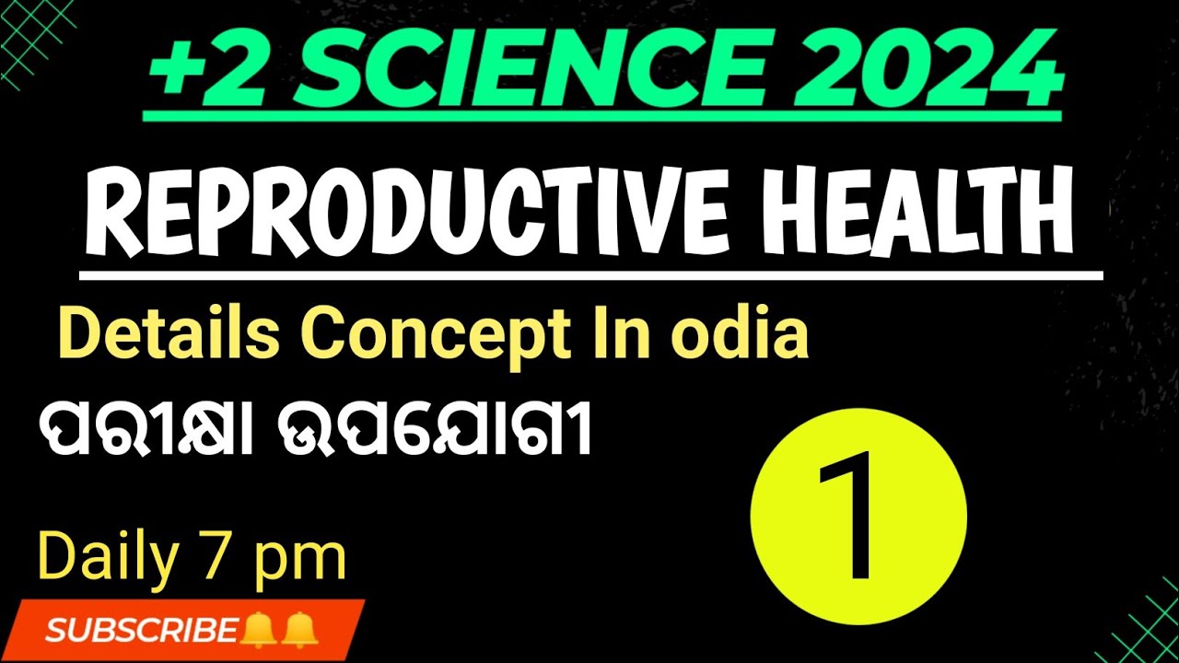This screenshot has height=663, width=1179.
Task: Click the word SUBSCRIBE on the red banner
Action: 141,630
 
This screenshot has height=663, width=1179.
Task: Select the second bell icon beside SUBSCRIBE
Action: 299,630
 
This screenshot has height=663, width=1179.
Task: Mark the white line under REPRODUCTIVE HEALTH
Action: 590,274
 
